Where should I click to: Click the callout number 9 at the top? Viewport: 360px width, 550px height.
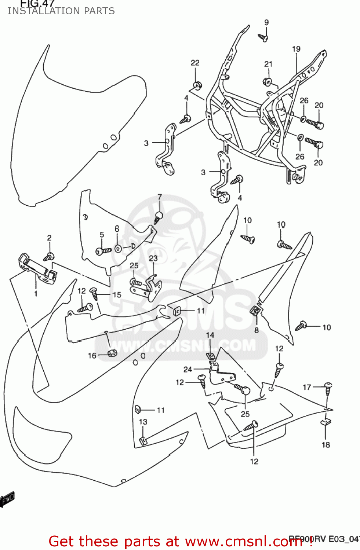click(x=266, y=22)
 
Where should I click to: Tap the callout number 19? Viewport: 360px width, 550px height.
click(x=296, y=49)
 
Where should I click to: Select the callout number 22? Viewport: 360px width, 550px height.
click(x=195, y=63)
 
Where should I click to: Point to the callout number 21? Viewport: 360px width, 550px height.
click(x=268, y=64)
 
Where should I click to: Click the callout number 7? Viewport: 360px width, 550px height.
click(x=160, y=197)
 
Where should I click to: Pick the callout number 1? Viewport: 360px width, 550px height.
click(x=36, y=293)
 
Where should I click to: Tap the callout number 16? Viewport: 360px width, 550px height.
click(x=92, y=355)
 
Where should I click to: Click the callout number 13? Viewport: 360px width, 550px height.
click(x=143, y=422)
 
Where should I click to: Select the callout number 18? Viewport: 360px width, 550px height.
click(x=326, y=445)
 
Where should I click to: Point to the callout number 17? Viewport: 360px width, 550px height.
click(x=307, y=387)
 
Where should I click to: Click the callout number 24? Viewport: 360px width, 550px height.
click(x=188, y=369)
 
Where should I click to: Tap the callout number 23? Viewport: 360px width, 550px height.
click(x=153, y=258)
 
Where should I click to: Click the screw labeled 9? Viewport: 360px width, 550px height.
click(x=263, y=37)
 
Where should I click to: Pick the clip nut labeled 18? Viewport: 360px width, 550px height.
click(x=326, y=421)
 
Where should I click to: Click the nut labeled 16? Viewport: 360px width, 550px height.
click(x=112, y=353)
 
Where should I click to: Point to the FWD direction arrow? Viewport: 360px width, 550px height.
click(x=7, y=499)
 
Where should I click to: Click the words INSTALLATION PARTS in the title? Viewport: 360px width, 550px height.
click(x=61, y=11)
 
